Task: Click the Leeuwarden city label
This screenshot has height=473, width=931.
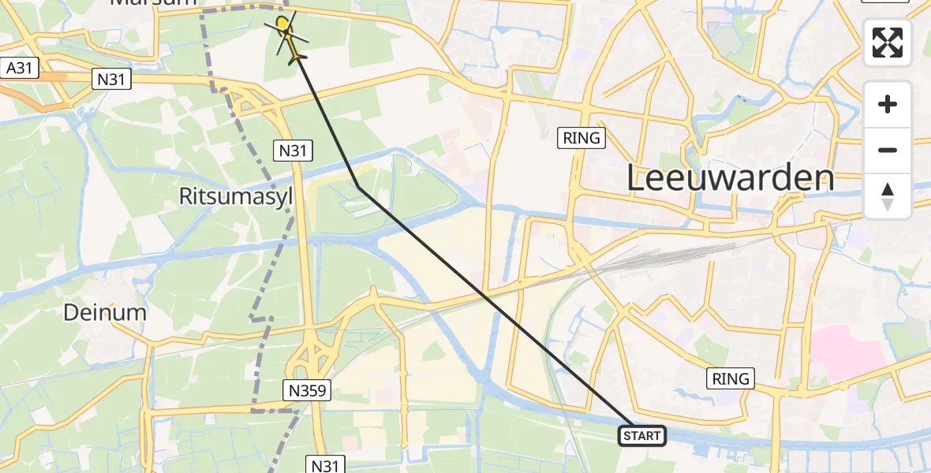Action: point(730,179)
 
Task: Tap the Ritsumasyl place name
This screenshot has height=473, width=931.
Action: point(236,196)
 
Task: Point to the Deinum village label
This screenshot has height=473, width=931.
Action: point(105,312)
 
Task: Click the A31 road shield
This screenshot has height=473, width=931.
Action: point(19,69)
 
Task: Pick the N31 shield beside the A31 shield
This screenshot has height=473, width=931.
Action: point(110,79)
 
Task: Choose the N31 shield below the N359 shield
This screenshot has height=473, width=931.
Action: point(324,465)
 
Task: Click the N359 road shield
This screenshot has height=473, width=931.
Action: point(307,389)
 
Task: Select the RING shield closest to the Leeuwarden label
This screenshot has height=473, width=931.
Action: point(582,138)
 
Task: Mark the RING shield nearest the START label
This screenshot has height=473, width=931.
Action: point(731,378)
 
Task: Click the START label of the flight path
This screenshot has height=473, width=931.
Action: point(642,436)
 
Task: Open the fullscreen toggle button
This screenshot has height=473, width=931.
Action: point(888,43)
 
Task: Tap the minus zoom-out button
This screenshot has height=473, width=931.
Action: point(888,150)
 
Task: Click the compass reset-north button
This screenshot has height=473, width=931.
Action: point(888,196)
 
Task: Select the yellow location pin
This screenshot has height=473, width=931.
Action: point(282,24)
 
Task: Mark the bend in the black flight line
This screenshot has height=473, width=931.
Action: point(359,188)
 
